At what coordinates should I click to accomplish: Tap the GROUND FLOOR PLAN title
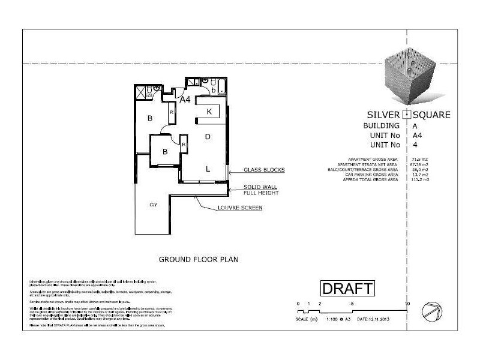click(x=199, y=260)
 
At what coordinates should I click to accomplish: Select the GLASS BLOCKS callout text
click(x=263, y=170)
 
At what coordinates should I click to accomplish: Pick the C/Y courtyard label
click(x=153, y=205)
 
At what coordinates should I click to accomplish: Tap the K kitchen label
click(x=209, y=112)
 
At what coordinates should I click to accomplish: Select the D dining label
click(x=208, y=137)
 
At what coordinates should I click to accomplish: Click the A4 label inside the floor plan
click(x=185, y=100)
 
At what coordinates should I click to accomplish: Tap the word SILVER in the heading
click(x=383, y=115)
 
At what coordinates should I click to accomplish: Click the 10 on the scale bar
click(x=408, y=304)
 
